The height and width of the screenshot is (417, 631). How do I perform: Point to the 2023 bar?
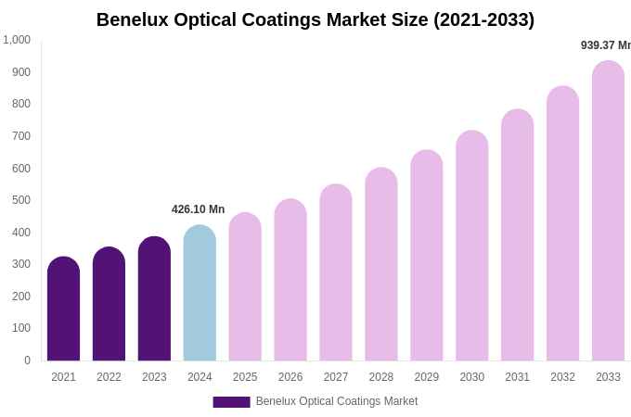pos(154,298)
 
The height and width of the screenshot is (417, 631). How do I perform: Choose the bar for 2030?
pos(471,246)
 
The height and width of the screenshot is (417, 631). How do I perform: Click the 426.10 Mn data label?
pos(198,209)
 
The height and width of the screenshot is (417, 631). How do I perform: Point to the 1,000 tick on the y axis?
pos(17,40)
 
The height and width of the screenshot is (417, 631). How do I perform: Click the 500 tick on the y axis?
pos(20,200)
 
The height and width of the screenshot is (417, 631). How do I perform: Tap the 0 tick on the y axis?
pos(27,360)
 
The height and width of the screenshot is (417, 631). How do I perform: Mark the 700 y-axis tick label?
pos(20,136)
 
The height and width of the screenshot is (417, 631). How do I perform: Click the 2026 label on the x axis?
pos(290,377)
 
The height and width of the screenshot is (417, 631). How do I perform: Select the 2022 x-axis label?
pos(109,377)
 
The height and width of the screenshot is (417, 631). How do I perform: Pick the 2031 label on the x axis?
pos(517,377)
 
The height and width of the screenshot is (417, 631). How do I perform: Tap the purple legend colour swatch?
pos(231,402)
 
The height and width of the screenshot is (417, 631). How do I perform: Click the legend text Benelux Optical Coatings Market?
pos(337,401)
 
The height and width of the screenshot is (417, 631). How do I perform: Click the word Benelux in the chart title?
pos(133,19)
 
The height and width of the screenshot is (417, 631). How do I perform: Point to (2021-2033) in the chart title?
pos(483,19)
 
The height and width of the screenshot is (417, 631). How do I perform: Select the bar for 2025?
pos(245,286)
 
